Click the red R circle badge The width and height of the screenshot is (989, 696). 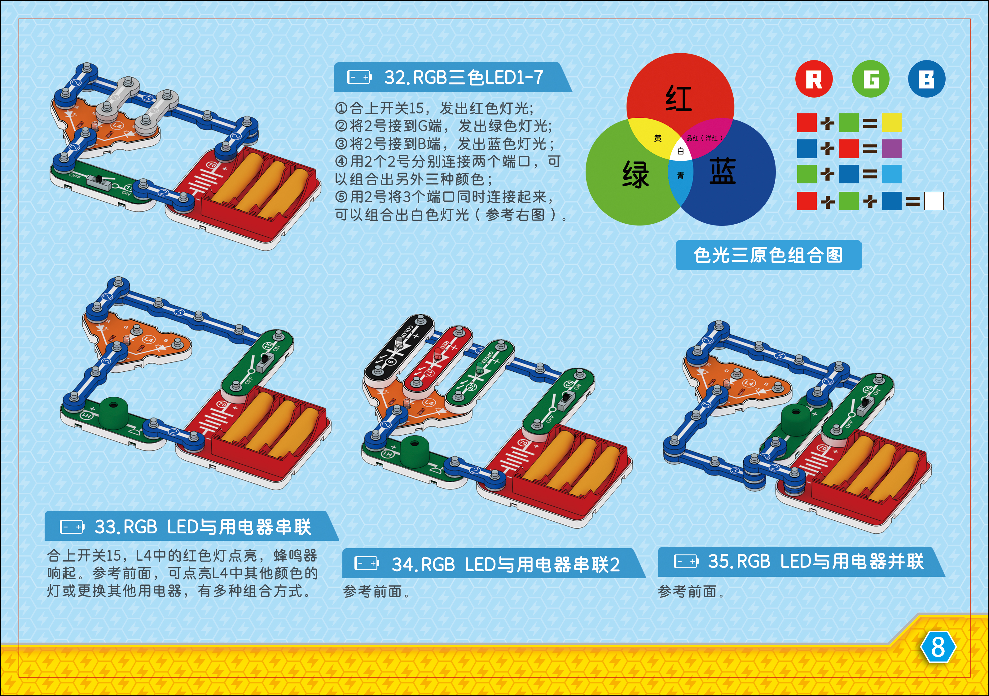click(814, 79)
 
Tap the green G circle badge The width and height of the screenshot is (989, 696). click(871, 79)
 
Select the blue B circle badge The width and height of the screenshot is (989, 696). click(926, 79)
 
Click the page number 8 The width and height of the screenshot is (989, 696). click(938, 647)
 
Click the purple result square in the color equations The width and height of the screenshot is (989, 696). click(891, 149)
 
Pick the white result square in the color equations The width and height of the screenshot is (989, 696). click(934, 201)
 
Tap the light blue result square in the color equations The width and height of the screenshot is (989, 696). click(891, 174)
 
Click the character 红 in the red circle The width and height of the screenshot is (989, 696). click(679, 98)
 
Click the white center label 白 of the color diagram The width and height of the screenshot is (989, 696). click(681, 151)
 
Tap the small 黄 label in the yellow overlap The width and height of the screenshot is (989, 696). click(658, 138)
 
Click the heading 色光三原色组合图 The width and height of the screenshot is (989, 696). click(768, 255)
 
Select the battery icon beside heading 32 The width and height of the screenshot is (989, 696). click(359, 77)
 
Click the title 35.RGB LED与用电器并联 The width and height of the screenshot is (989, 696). click(815, 561)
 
